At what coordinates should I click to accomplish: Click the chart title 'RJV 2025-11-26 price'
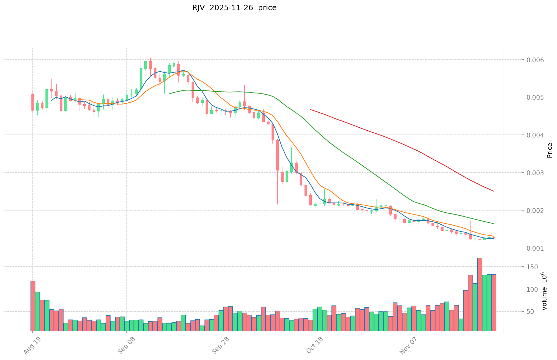(x=234, y=8)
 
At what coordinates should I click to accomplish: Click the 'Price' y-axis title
(x=550, y=150)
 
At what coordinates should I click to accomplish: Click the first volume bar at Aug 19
(x=33, y=305)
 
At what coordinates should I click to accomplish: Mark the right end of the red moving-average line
(x=494, y=191)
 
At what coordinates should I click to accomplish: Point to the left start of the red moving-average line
(x=310, y=110)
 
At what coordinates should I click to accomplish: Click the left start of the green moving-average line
(x=169, y=94)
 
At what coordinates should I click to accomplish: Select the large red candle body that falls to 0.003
(x=277, y=155)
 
